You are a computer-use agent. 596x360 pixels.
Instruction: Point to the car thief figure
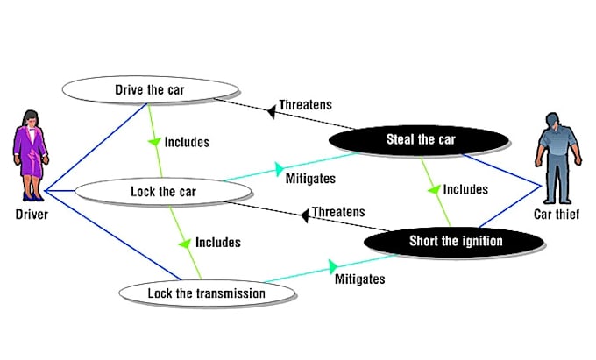coord(553,157)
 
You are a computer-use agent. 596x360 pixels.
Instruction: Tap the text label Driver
coord(32,213)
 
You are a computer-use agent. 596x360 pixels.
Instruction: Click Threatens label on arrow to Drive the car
coord(305,105)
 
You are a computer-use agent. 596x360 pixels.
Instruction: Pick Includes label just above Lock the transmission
coord(217,242)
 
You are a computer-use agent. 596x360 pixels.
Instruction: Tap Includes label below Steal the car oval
coord(465,188)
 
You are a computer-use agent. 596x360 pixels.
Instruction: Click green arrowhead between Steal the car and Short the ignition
coord(434,187)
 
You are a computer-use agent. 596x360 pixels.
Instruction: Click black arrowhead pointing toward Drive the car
coord(271,106)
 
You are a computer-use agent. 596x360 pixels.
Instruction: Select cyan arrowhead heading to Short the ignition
coord(334,264)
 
